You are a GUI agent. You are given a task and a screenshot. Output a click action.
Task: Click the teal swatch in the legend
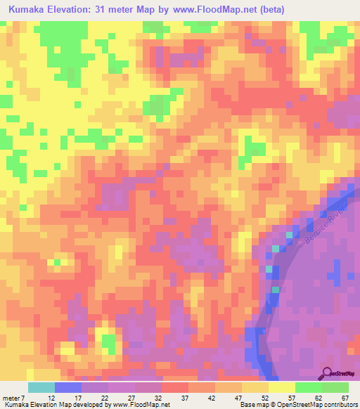pyautogui.click(x=41, y=387)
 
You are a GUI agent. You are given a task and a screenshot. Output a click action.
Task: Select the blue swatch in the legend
pyautogui.click(x=67, y=387)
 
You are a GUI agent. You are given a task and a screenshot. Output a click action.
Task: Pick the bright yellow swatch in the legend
pyautogui.click(x=281, y=387)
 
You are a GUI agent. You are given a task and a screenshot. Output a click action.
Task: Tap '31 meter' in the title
pyautogui.click(x=131, y=10)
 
